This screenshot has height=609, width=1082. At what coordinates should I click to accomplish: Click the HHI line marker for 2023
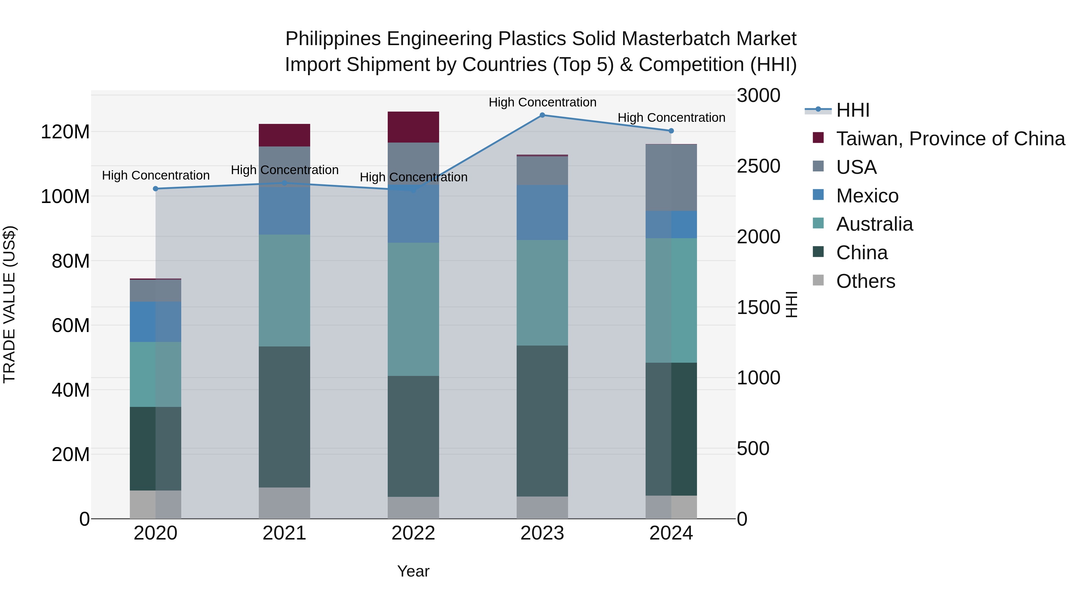point(542,115)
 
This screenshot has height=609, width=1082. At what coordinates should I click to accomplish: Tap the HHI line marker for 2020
point(155,189)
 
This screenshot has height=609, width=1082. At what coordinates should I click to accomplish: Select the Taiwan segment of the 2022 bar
point(413,127)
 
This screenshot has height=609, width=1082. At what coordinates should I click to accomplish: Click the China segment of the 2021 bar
point(284,417)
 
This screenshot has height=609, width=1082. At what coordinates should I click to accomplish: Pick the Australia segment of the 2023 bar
point(542,293)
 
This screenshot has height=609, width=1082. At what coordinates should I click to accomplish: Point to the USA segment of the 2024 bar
point(671,177)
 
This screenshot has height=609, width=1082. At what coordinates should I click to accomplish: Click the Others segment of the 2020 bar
point(155,504)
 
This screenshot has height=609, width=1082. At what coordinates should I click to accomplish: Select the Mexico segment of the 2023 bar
point(542,212)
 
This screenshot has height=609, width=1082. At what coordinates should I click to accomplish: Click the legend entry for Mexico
point(867,196)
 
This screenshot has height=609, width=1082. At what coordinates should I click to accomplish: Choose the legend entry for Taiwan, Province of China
point(950,139)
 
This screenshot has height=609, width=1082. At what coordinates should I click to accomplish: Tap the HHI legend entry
point(852,110)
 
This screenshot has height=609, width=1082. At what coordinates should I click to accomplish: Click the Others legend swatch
point(818,280)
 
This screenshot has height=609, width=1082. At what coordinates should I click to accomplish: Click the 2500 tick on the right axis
point(759,166)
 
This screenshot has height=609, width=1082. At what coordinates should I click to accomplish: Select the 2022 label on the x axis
point(413,533)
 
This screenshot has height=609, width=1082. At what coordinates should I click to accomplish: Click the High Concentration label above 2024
point(671,118)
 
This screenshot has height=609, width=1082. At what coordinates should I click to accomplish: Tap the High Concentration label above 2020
point(155,175)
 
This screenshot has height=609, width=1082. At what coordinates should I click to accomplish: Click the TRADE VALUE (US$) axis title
point(9,304)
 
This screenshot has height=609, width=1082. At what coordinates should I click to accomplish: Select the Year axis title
point(413,571)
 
